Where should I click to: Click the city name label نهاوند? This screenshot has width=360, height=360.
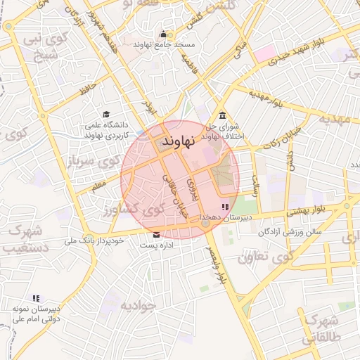pos(176,143)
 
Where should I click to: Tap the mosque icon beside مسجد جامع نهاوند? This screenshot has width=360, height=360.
pos(163,34)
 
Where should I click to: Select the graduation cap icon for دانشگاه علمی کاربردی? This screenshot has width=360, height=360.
pos(106,114)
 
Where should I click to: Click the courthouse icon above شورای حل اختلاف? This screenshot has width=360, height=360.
pos(223,115)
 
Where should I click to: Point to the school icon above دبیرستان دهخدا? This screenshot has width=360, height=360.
pos(224,207)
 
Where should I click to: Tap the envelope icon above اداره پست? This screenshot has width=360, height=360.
pos(155,234)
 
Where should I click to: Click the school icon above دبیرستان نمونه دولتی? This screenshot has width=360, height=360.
pos(36,298)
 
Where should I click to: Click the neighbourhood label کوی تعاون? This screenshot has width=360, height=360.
pos(264,258)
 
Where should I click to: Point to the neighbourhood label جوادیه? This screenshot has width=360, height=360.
pos(136,306)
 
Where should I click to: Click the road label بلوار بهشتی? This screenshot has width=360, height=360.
pos(307,212)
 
